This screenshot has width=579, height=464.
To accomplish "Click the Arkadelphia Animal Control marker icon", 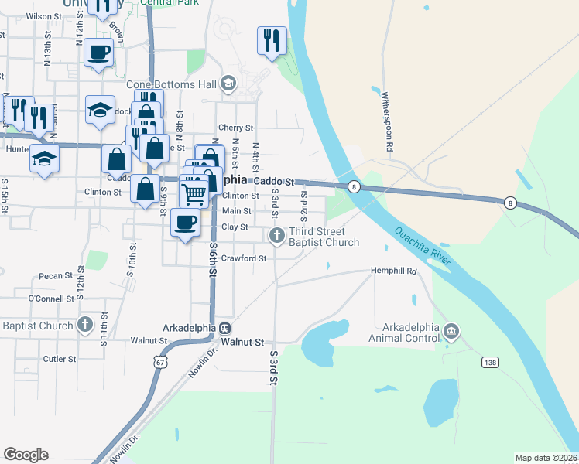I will (451, 333).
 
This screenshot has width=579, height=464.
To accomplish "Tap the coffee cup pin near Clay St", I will (185, 223).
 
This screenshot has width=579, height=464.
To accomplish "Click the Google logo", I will (26, 455).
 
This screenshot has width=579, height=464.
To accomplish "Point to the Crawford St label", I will (244, 258).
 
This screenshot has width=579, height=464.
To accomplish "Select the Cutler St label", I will (60, 359).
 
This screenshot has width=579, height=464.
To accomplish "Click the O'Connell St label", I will (50, 299).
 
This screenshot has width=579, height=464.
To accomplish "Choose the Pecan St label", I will (55, 275).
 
